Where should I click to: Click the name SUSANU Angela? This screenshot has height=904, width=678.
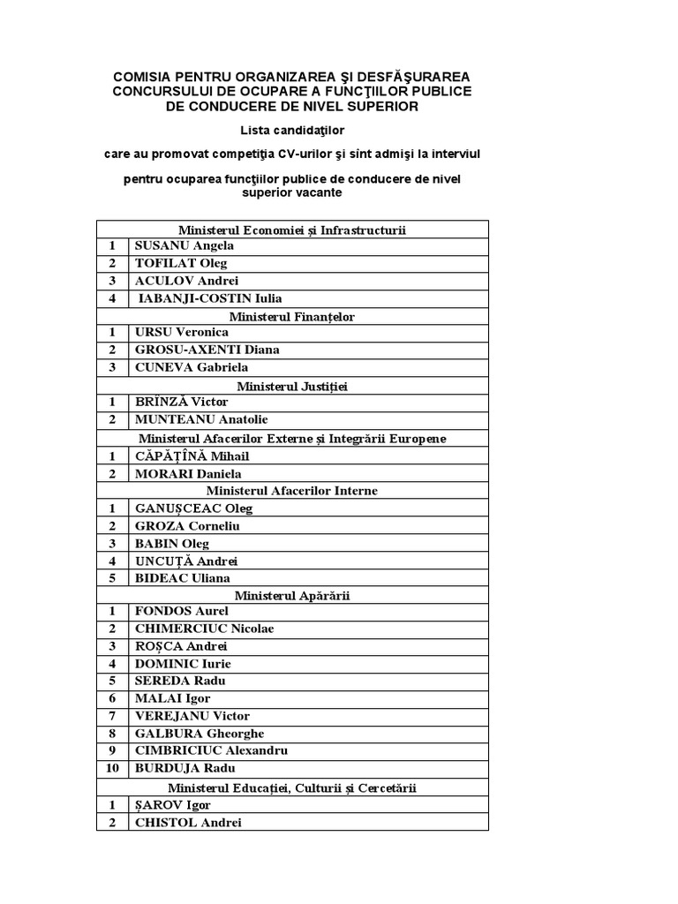184,245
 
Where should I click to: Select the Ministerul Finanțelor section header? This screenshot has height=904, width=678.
291,316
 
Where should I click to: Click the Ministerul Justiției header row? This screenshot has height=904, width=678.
291,386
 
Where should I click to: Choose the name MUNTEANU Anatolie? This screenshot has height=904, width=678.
200,419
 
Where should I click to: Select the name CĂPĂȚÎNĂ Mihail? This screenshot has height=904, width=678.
192,456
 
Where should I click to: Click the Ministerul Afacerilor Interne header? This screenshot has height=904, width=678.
291,490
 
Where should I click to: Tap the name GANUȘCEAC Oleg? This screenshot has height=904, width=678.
193,508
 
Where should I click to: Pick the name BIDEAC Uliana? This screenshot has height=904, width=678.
182,577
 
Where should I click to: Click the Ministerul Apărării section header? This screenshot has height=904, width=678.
291,595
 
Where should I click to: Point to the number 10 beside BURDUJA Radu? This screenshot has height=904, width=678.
112,768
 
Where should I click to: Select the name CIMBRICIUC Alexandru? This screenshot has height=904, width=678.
211,750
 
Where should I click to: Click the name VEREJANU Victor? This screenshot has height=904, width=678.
192,716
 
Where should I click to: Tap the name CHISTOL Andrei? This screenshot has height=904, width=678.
187,822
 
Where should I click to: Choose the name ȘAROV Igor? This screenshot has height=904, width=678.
172,804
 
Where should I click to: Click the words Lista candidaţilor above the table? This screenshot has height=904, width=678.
291,130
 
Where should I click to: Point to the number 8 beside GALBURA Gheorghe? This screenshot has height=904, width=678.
112,733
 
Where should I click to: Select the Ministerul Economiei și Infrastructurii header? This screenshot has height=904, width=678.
291,229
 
